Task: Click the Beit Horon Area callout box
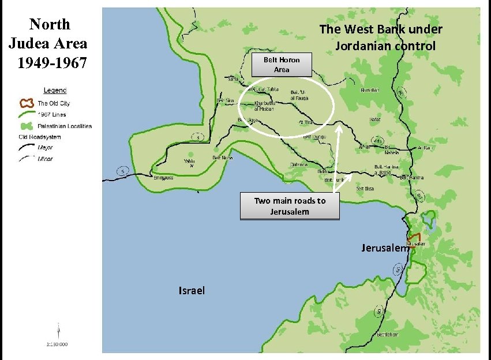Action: [x=282, y=65]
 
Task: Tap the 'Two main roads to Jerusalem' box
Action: [x=290, y=206]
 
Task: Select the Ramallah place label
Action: [x=370, y=90]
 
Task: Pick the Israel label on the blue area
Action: [x=192, y=290]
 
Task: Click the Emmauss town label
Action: [x=163, y=178]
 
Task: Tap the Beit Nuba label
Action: [x=223, y=157]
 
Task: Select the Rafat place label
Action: [x=374, y=120]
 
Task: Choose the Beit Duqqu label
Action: [x=314, y=137]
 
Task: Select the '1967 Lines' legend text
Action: [x=52, y=115]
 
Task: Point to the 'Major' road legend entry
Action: [x=45, y=148]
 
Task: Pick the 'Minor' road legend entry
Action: [x=45, y=158]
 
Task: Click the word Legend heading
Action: [x=55, y=91]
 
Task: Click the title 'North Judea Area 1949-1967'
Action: [x=48, y=43]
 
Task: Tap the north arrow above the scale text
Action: [x=58, y=331]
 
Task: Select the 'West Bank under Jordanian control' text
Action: [x=381, y=37]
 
